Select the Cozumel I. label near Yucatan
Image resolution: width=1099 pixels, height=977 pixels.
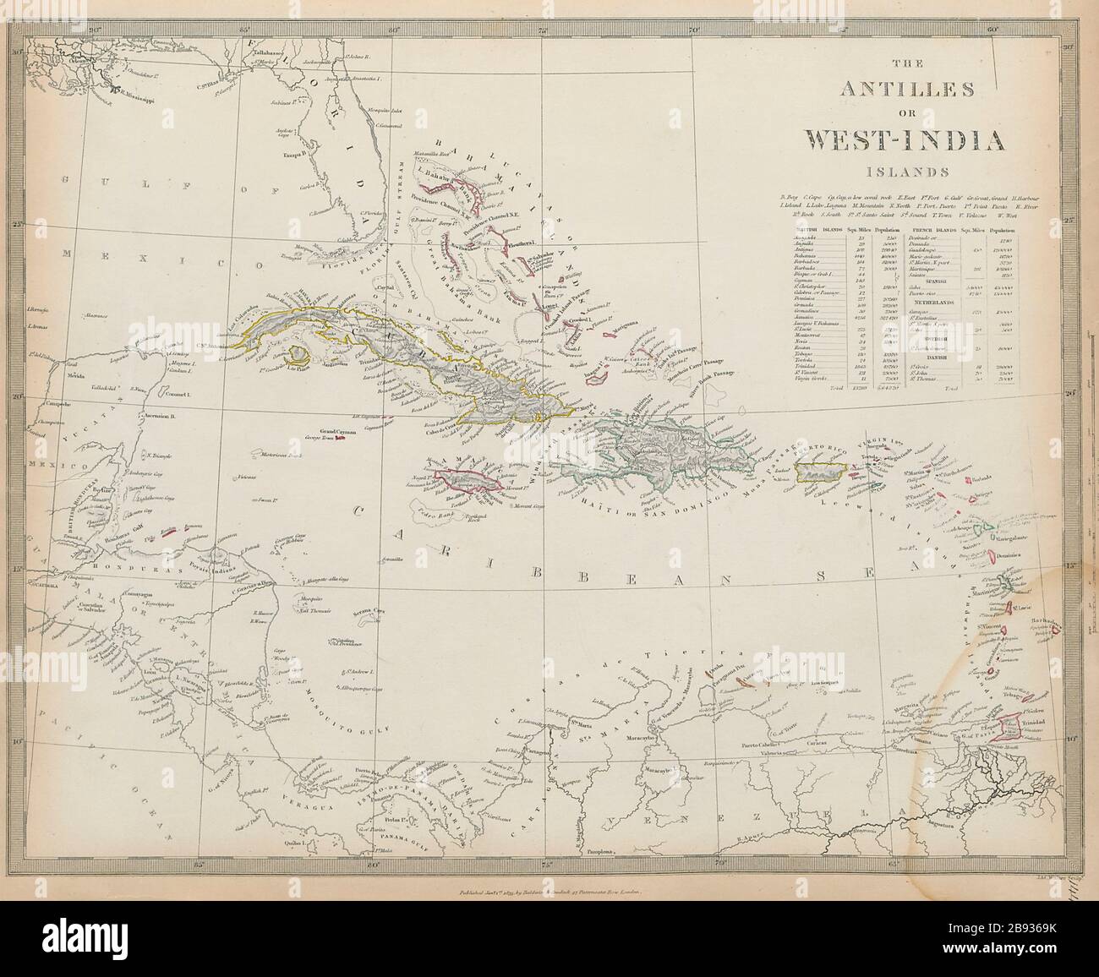point(176,395)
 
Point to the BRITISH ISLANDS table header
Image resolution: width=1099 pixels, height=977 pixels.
point(816,229)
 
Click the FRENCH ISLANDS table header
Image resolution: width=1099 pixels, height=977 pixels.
point(932,229)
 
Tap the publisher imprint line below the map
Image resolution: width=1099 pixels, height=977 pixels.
point(550,891)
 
